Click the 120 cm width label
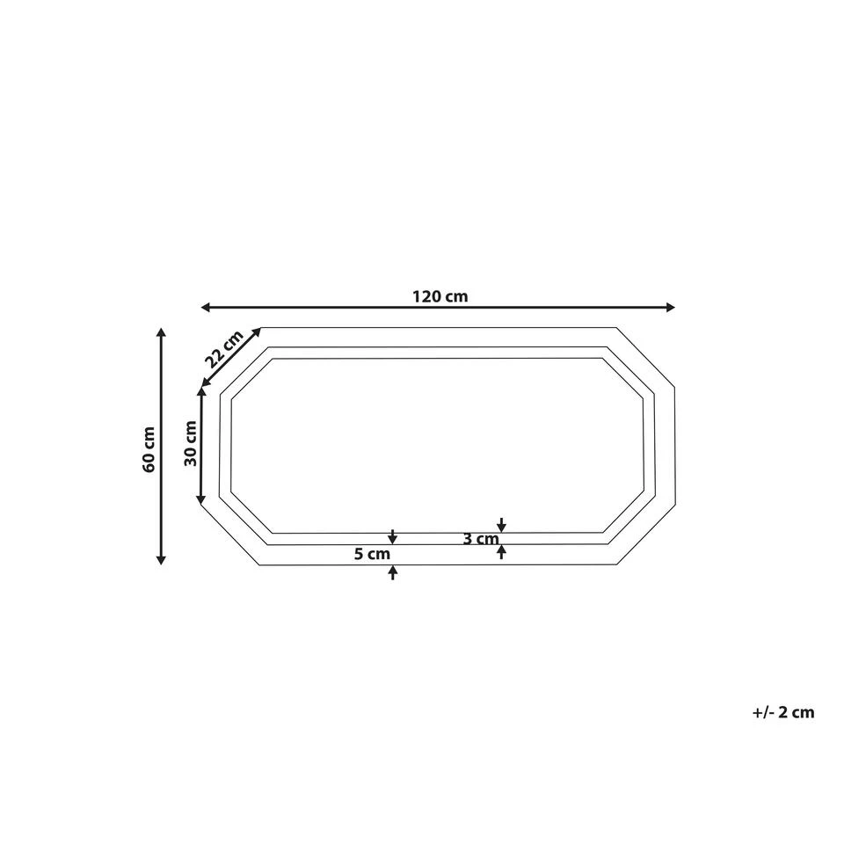(x=439, y=296)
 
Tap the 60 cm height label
(x=149, y=449)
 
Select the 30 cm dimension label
(x=191, y=444)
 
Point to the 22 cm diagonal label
(x=223, y=349)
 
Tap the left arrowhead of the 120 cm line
(x=206, y=307)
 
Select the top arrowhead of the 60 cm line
(x=161, y=332)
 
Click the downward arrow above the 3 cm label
(x=501, y=525)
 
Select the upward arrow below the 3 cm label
(x=501, y=551)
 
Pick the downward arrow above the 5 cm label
(x=393, y=536)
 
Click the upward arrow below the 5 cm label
(x=393, y=572)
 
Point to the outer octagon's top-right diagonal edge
(x=644, y=356)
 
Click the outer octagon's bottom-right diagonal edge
(x=644, y=535)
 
